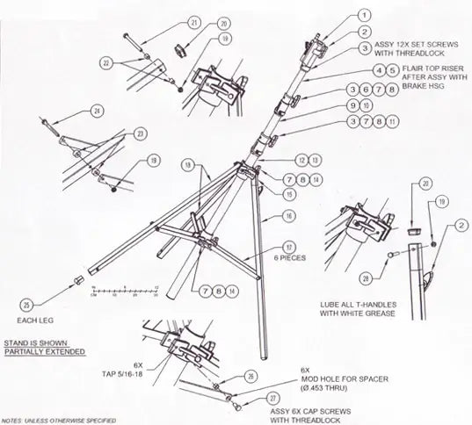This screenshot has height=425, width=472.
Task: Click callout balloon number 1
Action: coord(362,15)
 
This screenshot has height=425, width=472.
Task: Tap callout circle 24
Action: coord(97,111)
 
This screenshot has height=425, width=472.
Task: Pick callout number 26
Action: coord(251,377)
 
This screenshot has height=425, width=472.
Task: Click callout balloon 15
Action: coord(287,192)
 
